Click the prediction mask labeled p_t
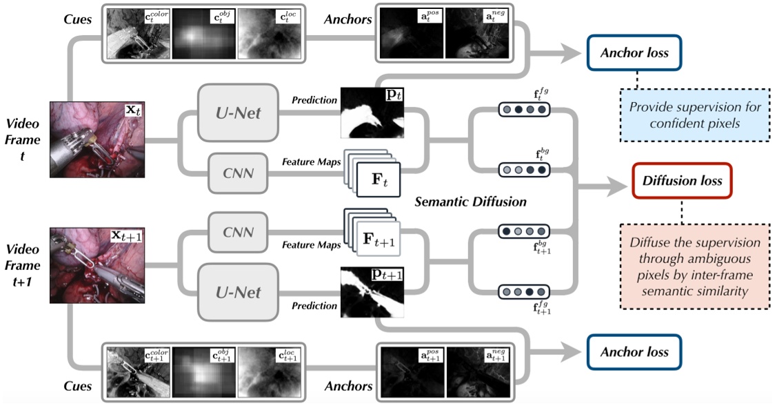coord(372,113)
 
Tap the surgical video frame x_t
coord(96,138)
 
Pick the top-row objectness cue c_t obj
coord(204,32)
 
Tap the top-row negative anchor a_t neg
coord(476,32)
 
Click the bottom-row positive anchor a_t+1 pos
coord(411,373)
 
